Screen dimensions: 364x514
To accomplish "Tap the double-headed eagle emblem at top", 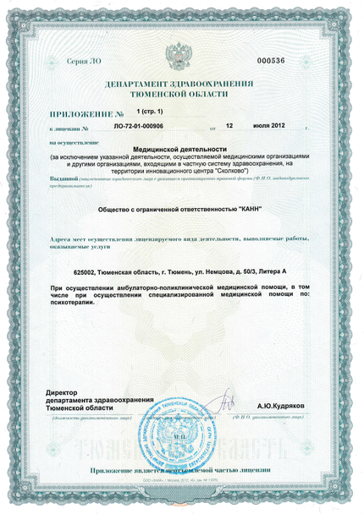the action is pos(179,57).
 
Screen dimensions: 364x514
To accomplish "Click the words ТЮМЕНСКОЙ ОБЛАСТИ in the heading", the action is pos(179,98).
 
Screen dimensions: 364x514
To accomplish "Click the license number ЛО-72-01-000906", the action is pos(138,125).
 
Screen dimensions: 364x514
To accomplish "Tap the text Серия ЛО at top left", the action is pos(81,62).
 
